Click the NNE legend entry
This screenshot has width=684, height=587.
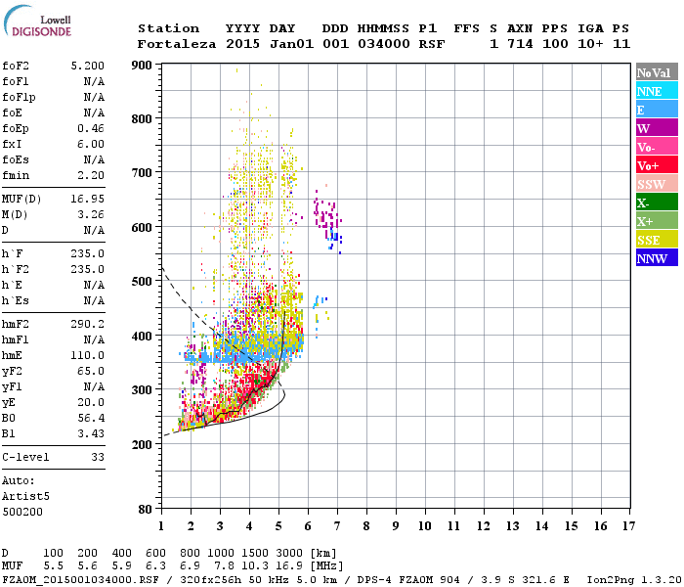coord(656,91)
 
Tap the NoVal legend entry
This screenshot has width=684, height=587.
coord(656,72)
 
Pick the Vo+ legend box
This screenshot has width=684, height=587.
coord(656,165)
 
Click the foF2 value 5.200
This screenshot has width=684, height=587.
coord(88,65)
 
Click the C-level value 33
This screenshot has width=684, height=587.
coord(98,457)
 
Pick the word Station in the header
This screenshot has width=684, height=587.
coord(168,28)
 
